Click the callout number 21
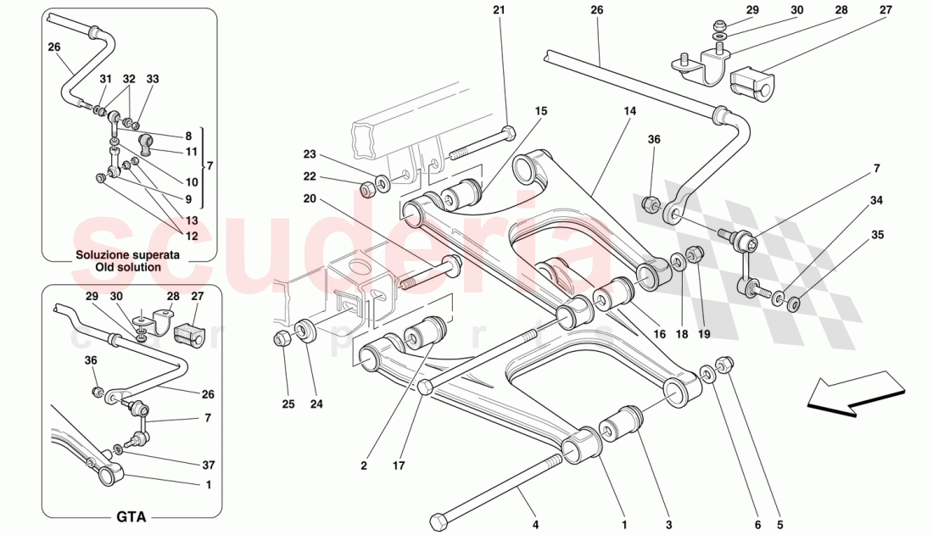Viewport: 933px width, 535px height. click(x=498, y=10)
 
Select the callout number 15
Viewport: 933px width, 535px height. click(x=541, y=111)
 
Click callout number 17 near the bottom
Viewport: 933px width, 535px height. click(x=399, y=465)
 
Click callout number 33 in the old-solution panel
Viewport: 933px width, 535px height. click(x=152, y=79)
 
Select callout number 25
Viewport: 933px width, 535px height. click(x=288, y=404)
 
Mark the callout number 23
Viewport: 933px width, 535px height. click(x=310, y=154)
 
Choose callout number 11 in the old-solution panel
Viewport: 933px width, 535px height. click(x=193, y=152)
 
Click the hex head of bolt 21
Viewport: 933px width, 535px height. click(x=508, y=133)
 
